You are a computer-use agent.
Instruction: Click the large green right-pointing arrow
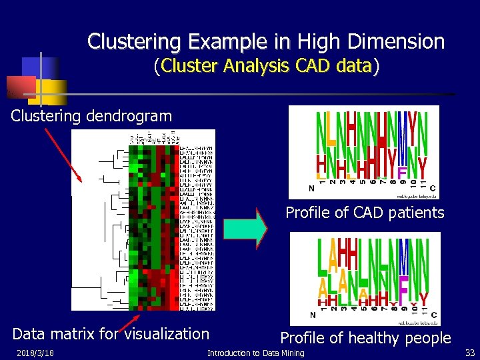coord(245,228)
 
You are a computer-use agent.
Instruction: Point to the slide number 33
coord(469,352)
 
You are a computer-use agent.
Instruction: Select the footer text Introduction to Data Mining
coord(256,353)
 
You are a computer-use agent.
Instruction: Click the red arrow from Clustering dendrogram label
coord(63,154)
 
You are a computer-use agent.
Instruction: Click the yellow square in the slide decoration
coord(52,91)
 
